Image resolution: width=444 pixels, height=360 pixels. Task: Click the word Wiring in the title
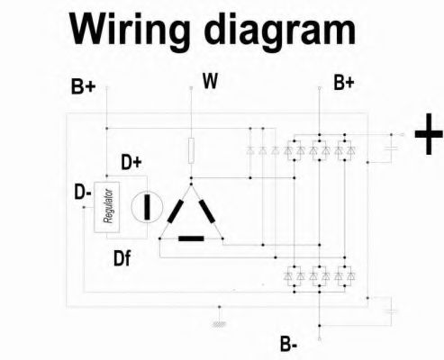point(130,31)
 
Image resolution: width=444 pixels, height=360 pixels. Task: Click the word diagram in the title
point(280,31)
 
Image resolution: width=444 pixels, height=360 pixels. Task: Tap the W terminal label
point(210,81)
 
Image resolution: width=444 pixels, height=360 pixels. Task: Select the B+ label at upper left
point(83,86)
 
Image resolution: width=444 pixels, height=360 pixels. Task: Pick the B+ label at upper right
point(344,83)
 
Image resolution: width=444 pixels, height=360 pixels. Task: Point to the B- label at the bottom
point(289,344)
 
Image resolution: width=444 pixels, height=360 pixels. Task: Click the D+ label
point(131,162)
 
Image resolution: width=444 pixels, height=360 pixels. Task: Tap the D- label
point(83,192)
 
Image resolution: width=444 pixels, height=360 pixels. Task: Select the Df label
point(122,258)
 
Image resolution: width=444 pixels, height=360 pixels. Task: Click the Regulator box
point(106,207)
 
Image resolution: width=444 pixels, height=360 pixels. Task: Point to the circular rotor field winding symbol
point(147,207)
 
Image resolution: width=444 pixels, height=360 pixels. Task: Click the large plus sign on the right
point(429,134)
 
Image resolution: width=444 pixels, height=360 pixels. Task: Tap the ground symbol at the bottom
point(220,324)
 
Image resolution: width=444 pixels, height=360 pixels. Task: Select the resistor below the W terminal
point(191,150)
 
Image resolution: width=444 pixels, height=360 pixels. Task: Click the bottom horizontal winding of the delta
point(191,238)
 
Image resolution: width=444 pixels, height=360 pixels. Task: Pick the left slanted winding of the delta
point(176,211)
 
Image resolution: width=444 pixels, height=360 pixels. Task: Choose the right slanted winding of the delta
point(207,211)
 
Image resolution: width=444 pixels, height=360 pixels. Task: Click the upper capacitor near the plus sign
point(392,148)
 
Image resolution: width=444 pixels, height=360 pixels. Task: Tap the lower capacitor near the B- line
point(392,311)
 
